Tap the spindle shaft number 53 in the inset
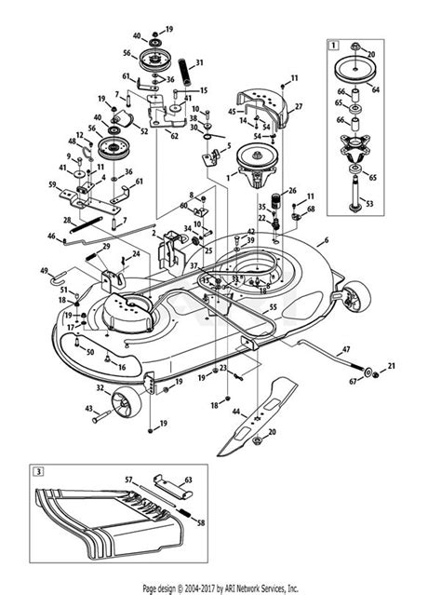pyautogui.click(x=395, y=203)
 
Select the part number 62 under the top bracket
pyautogui.click(x=173, y=135)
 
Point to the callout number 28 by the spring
pyautogui.click(x=67, y=220)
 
